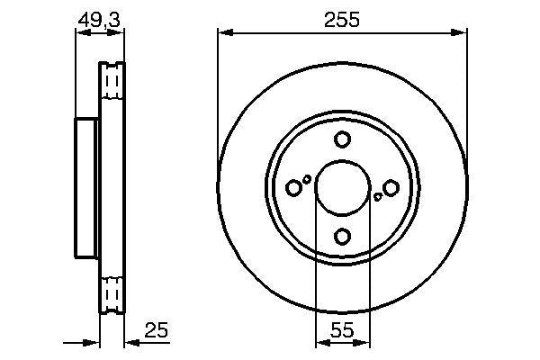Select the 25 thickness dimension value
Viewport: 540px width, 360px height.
(x=157, y=331)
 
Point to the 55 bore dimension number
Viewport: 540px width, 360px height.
(x=342, y=331)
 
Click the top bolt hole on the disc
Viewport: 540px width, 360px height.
(x=342, y=139)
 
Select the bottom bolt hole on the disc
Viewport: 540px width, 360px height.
(x=342, y=236)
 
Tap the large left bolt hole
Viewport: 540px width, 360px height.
(x=294, y=188)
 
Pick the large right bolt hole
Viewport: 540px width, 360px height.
(x=391, y=187)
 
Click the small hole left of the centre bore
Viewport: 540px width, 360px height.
(x=307, y=179)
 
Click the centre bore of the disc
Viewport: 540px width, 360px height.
(x=342, y=187)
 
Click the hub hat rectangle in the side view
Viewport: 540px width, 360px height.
(x=87, y=187)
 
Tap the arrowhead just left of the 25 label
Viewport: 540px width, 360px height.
(x=130, y=342)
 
